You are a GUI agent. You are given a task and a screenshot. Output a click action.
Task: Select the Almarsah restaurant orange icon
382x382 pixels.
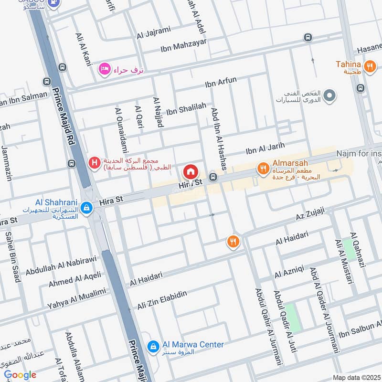click(262, 168)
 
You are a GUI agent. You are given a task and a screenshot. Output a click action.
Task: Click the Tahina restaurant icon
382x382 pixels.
click(369, 67)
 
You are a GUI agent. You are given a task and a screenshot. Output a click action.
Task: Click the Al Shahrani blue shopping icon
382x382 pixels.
click(86, 208)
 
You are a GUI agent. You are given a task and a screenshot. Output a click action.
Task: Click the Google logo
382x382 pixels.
click(20, 375)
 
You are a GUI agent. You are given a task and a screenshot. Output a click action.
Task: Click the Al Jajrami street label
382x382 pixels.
click(153, 32)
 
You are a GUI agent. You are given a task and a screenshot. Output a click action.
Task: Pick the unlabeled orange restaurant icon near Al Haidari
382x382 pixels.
click(233, 242)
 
